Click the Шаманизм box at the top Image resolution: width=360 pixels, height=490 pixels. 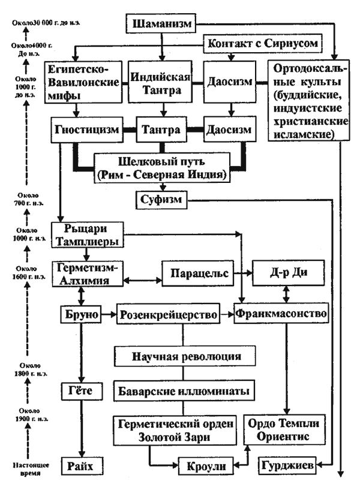pos(160,25)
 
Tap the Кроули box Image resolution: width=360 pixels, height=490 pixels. pos(202,465)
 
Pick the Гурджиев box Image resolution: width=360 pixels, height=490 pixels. pos(289,465)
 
